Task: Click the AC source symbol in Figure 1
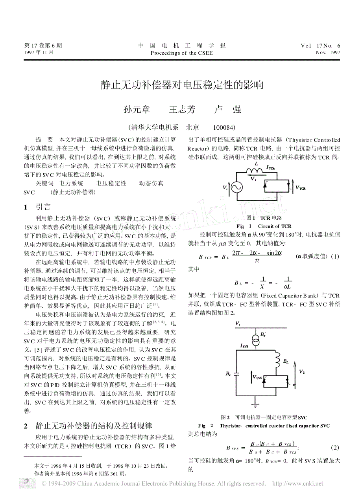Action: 236,187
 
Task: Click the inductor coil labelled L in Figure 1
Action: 256,170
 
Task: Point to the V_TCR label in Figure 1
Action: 301,188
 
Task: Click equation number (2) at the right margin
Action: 335,448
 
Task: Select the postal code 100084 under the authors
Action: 224,127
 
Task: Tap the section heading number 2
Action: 26,426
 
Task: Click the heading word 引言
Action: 43,207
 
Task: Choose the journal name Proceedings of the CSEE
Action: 181,53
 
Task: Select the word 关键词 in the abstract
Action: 45,183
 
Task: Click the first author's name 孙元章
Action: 137,110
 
